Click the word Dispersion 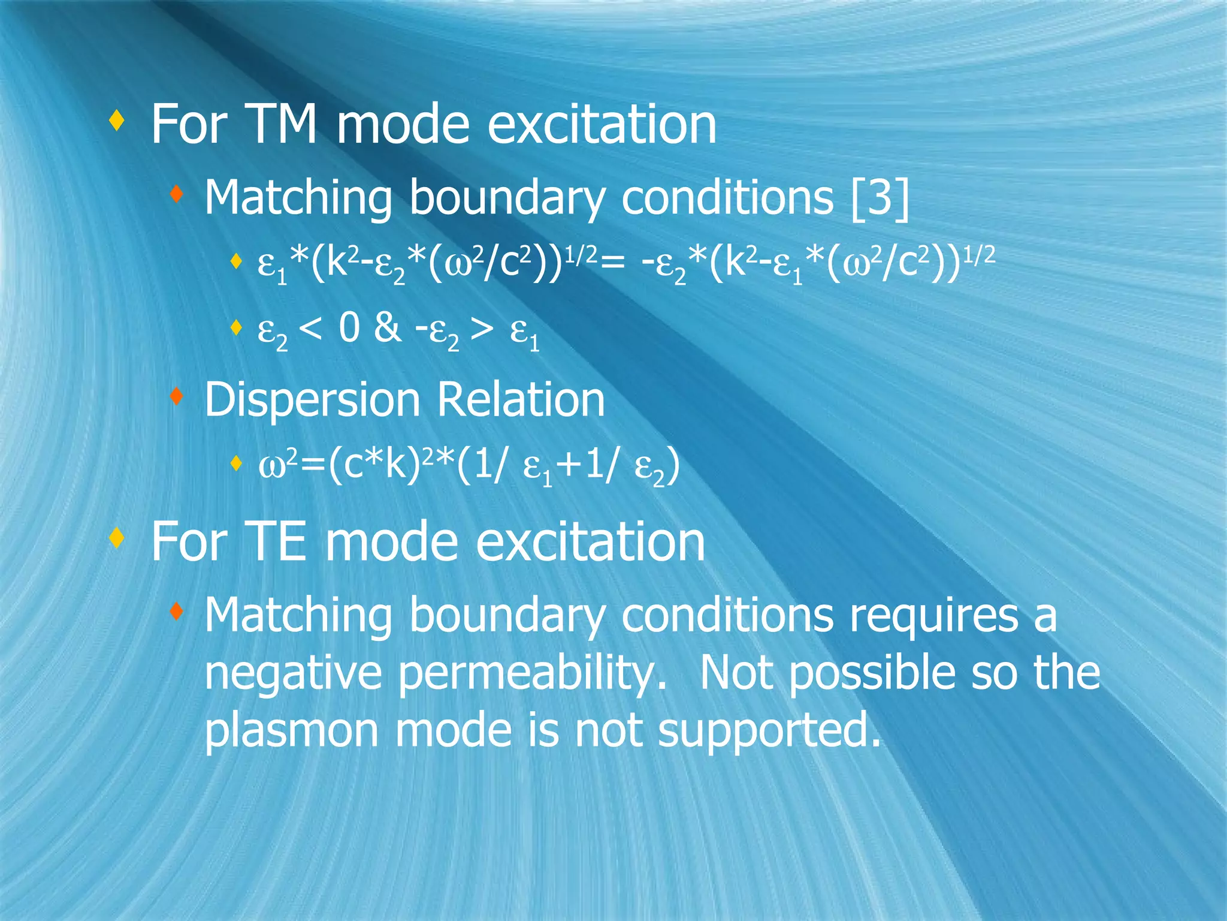312,401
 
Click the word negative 293,673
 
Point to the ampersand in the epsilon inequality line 387,328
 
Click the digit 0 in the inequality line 349,328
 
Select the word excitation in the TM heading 602,124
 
